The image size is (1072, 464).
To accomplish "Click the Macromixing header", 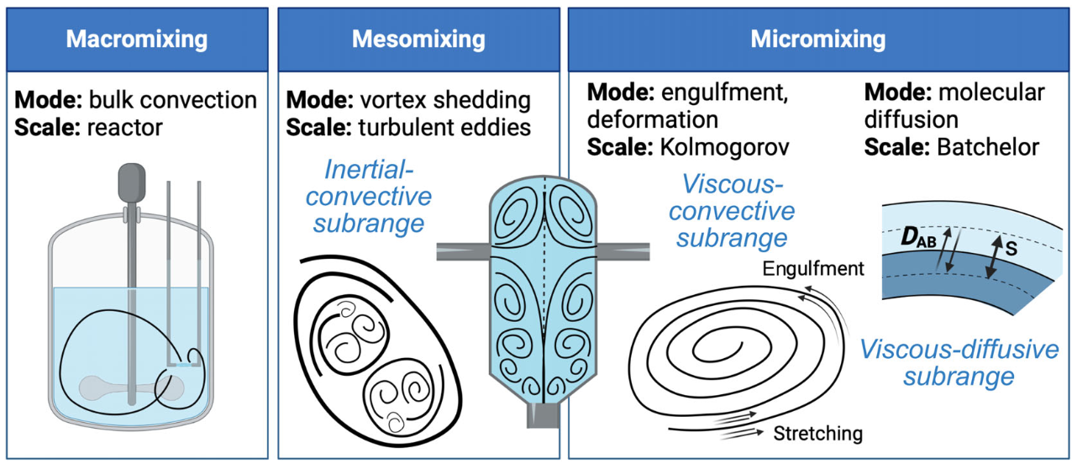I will coord(137,40).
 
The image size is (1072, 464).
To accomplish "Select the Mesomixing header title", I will coord(418,40).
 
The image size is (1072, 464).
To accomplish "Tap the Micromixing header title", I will coord(817,40).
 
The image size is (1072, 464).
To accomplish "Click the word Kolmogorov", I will coord(736,147).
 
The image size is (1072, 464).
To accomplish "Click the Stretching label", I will coord(817,434).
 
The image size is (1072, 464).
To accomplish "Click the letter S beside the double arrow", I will coord(1011,250).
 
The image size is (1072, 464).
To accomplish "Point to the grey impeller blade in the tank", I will coord(132,388).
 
